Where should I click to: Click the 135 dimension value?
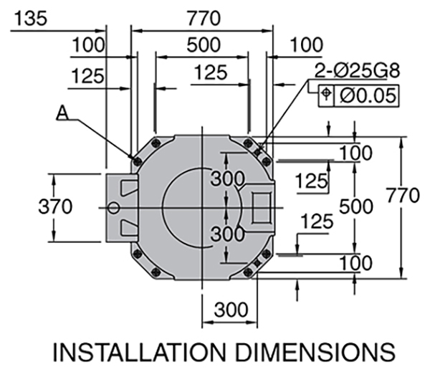29,18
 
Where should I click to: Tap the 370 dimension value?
54,207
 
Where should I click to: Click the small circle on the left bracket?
113,207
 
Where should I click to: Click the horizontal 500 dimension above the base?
204,44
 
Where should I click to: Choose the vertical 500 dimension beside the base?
356,207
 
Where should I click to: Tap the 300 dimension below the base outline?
231,310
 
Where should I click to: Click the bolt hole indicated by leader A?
136,159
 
